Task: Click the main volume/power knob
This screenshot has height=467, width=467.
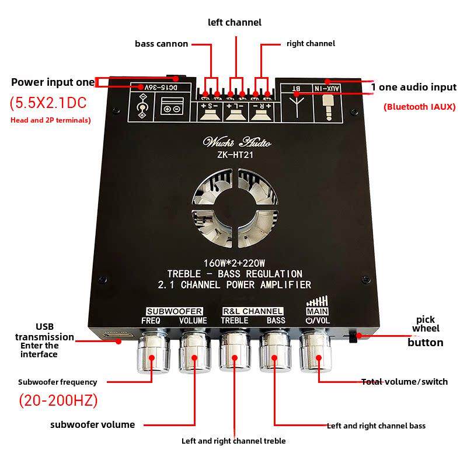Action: click(316, 354)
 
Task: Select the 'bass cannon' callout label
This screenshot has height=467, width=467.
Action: click(161, 44)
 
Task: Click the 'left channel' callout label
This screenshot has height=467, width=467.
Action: click(235, 22)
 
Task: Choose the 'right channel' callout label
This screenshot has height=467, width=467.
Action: click(311, 44)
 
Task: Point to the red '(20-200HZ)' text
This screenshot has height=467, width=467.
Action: click(58, 401)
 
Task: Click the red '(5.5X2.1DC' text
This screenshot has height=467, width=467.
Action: click(48, 103)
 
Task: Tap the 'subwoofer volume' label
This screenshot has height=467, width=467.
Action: click(93, 425)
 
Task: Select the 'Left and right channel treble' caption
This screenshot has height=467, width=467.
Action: click(233, 441)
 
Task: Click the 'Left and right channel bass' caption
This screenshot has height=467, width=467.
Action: click(376, 426)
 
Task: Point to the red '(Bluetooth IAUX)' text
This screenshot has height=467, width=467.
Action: click(419, 107)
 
